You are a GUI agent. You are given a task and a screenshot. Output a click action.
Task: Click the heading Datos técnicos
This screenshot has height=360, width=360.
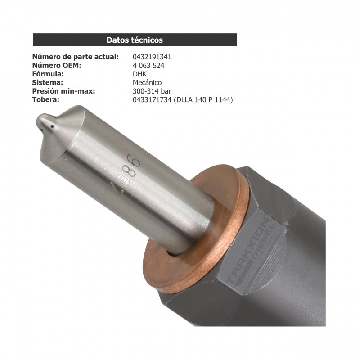135,40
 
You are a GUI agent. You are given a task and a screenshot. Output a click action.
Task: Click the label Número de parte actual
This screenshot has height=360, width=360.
76,57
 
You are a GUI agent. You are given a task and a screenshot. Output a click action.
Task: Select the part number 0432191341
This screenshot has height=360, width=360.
152,57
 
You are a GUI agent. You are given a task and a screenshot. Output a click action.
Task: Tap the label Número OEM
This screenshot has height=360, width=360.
57,66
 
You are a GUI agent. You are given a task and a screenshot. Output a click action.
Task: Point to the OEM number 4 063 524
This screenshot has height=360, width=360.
148,66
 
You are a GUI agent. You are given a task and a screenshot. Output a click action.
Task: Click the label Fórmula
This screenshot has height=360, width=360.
48,74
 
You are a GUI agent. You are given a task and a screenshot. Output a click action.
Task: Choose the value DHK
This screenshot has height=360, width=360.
140,74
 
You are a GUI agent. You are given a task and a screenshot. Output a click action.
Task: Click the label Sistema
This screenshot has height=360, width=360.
48,83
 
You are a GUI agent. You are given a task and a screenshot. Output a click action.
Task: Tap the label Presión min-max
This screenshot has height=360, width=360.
64,91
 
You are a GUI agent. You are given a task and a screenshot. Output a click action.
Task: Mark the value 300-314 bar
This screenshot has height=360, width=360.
152,91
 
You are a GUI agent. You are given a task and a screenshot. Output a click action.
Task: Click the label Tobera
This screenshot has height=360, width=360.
46,100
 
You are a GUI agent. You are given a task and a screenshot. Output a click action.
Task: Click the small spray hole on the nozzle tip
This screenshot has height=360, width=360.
53,127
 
